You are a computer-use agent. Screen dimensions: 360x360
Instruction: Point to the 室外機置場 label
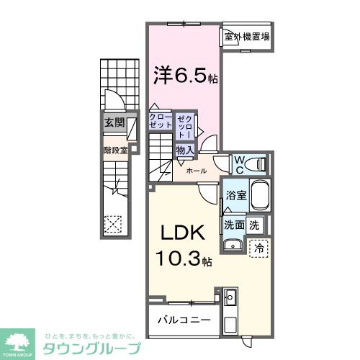[246, 36]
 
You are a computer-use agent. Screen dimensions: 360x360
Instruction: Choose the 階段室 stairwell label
[114, 150]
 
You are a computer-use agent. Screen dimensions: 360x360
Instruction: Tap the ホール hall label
[197, 171]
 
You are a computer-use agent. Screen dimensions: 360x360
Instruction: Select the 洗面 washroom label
[233, 224]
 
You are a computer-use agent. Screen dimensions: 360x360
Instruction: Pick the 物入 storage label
[184, 150]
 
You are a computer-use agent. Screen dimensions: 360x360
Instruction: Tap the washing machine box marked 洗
[253, 224]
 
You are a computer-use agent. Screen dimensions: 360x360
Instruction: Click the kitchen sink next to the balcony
[230, 297]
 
